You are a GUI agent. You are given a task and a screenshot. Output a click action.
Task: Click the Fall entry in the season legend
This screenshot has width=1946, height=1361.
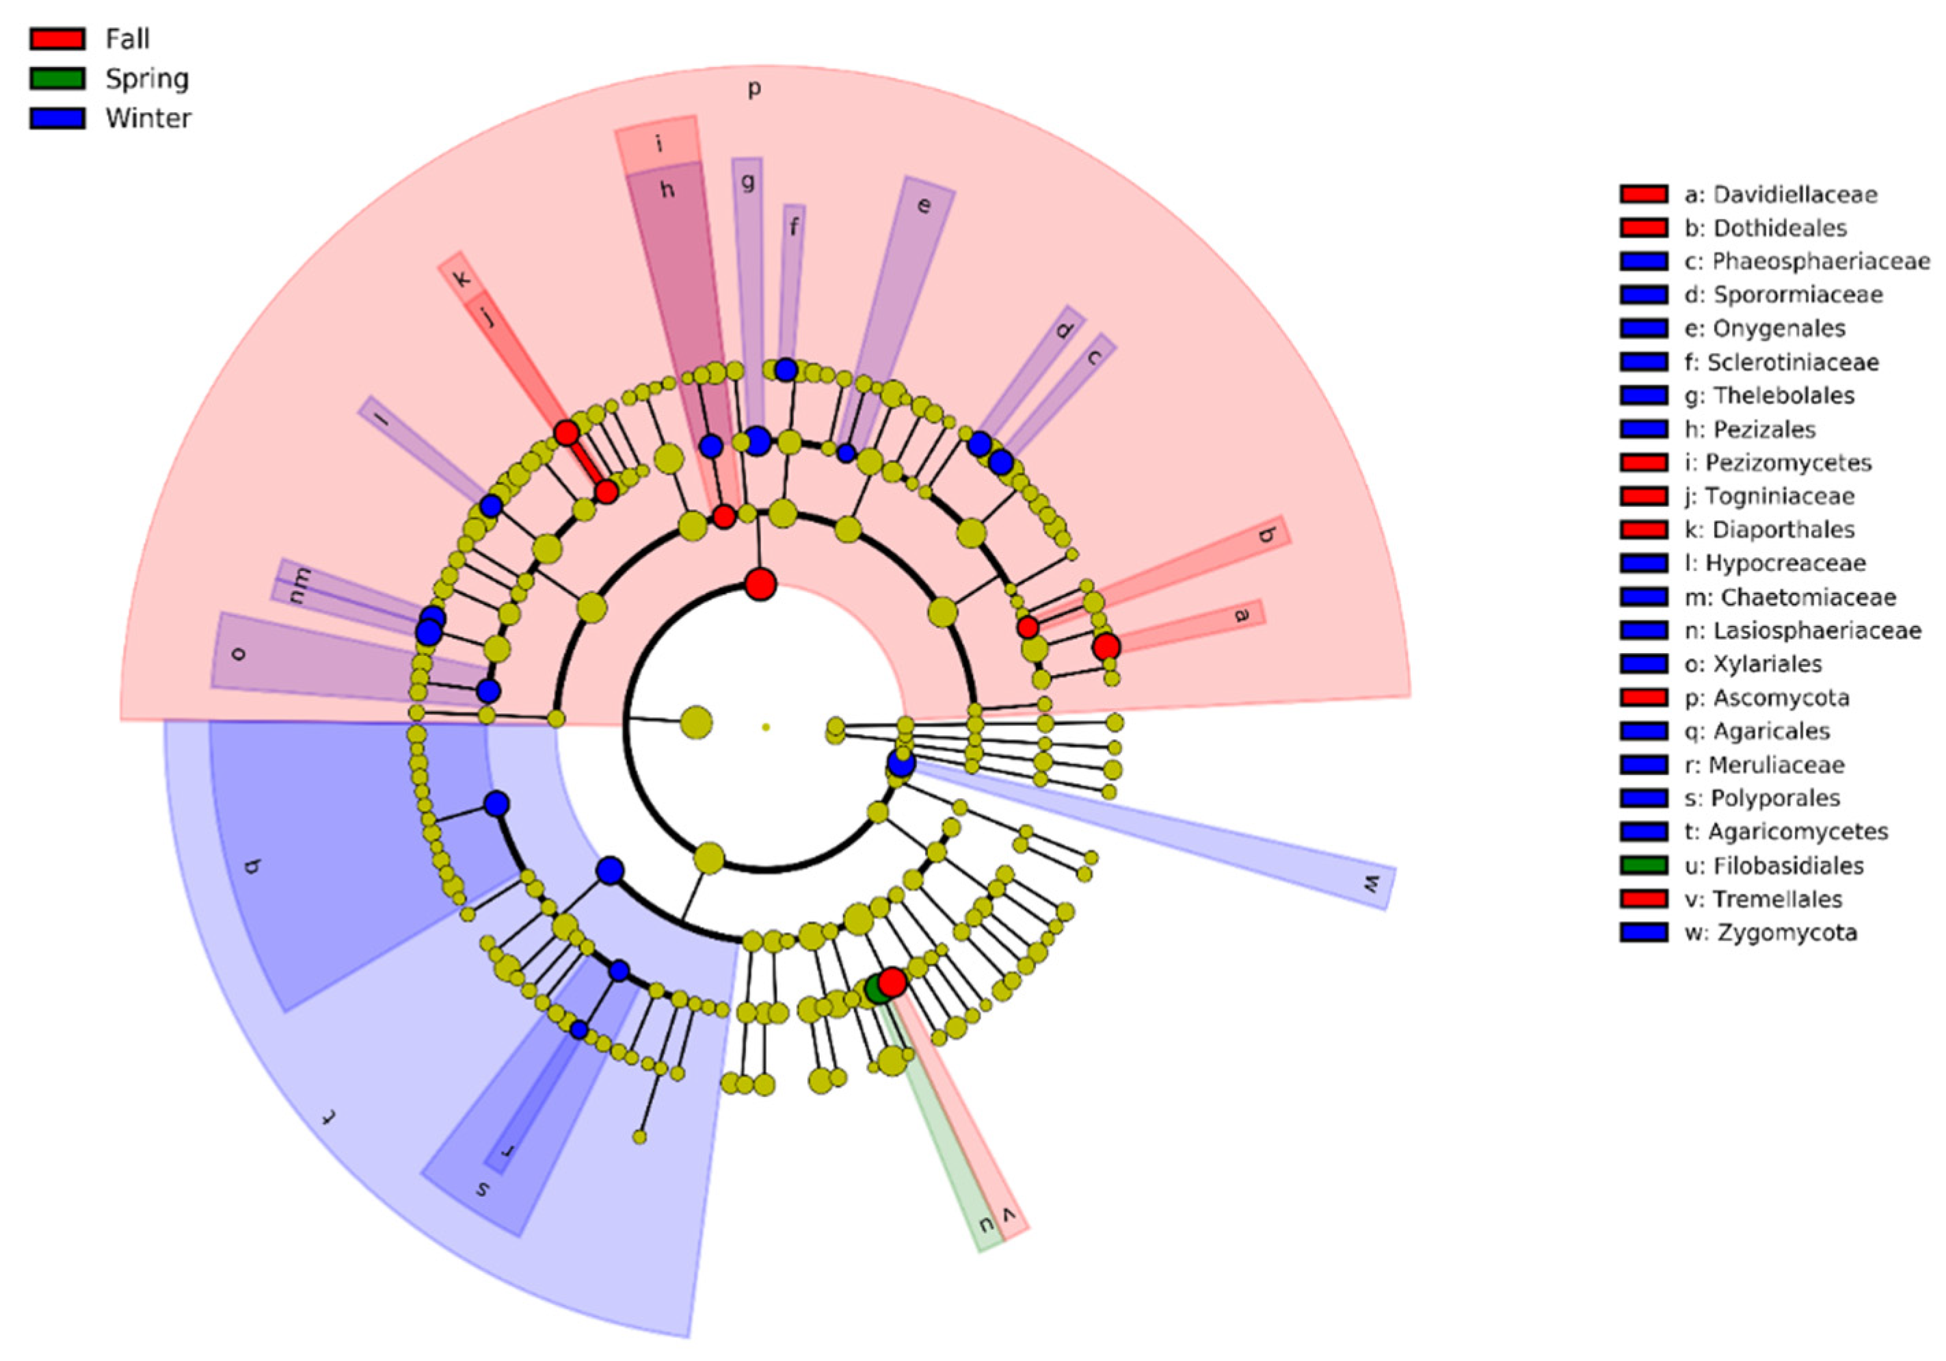tap(127, 39)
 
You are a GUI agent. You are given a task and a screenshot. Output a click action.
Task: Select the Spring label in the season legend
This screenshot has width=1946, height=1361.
tap(146, 79)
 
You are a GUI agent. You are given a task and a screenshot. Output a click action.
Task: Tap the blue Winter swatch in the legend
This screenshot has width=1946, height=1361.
tap(57, 118)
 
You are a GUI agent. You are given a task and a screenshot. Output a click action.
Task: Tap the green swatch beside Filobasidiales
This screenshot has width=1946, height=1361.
tap(1643, 866)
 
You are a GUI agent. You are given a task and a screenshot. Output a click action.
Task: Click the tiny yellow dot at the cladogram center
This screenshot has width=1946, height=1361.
tap(765, 727)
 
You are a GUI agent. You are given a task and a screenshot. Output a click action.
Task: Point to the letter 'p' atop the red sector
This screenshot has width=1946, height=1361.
tap(754, 89)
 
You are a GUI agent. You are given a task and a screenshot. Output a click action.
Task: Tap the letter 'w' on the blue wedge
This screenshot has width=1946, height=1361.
tap(1370, 884)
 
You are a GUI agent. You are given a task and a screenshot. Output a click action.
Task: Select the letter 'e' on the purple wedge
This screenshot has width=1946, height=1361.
tap(924, 206)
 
